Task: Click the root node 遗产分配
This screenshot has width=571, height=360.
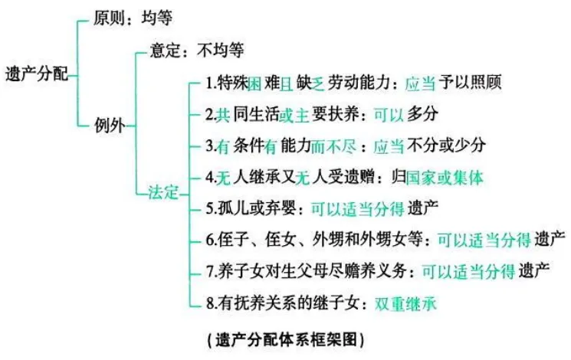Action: click(35, 73)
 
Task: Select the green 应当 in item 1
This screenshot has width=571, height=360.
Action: click(419, 82)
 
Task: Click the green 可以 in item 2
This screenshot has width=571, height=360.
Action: click(389, 114)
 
